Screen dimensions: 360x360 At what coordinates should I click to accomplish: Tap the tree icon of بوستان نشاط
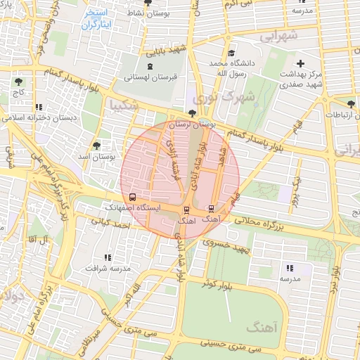point(146,2)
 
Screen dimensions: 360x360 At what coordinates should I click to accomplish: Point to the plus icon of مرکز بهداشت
point(301,63)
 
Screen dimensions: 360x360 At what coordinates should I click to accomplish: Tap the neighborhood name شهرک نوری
point(214,98)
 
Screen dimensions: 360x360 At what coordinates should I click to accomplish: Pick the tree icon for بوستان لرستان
point(193,112)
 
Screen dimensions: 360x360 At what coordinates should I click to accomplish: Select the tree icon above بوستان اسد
point(96,145)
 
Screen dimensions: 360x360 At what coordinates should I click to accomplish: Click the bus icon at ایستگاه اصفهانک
point(132,197)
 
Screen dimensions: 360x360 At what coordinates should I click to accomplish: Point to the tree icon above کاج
point(18,82)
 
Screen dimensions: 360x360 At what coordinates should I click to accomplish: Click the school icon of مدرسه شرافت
point(107,258)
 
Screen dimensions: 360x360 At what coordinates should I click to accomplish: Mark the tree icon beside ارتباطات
point(351,104)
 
